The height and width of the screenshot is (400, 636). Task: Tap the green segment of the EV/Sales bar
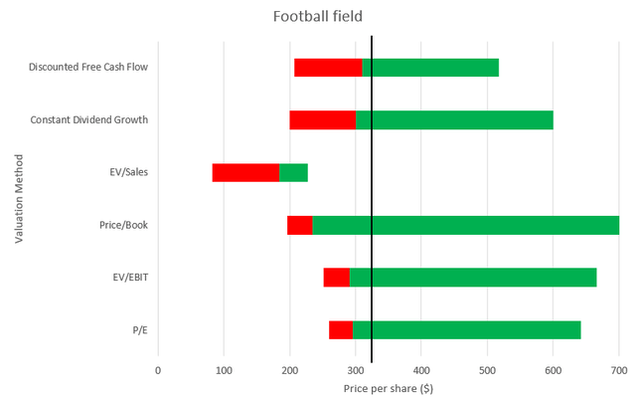pyautogui.click(x=293, y=172)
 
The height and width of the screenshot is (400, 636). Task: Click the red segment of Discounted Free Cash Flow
pyautogui.click(x=328, y=68)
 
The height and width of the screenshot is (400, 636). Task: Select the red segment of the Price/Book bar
pyautogui.click(x=299, y=225)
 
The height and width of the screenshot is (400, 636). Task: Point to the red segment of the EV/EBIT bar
pyautogui.click(x=336, y=278)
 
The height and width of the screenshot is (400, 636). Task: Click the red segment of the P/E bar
pyautogui.click(x=340, y=329)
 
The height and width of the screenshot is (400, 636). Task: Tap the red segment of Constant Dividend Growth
pyautogui.click(x=322, y=119)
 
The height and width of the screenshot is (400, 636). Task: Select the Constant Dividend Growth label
pyautogui.click(x=89, y=119)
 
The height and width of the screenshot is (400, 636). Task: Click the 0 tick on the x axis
pyautogui.click(x=157, y=370)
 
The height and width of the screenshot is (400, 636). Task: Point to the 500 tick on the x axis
pyautogui.click(x=487, y=370)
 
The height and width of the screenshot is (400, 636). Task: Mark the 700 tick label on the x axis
pyautogui.click(x=618, y=370)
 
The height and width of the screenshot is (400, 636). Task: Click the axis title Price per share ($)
pyautogui.click(x=388, y=388)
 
